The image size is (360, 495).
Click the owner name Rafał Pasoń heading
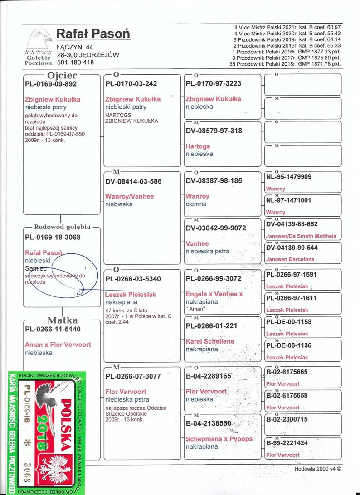click(x=93, y=34)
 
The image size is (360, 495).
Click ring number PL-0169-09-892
click(x=51, y=84)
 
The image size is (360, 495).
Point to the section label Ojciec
click(x=62, y=75)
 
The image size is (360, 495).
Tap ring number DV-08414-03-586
click(x=133, y=181)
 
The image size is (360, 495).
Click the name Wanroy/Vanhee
click(x=129, y=196)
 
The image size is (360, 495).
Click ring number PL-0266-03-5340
click(x=133, y=278)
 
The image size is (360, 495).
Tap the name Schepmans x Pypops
click(x=219, y=439)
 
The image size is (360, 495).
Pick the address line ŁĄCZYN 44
click(x=75, y=47)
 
